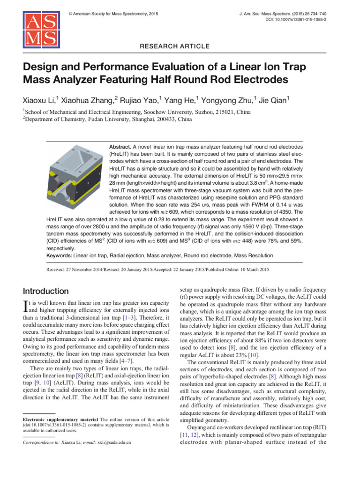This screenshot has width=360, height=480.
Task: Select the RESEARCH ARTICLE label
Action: (x=180, y=46)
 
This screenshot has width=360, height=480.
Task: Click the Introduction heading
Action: (x=46, y=291)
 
